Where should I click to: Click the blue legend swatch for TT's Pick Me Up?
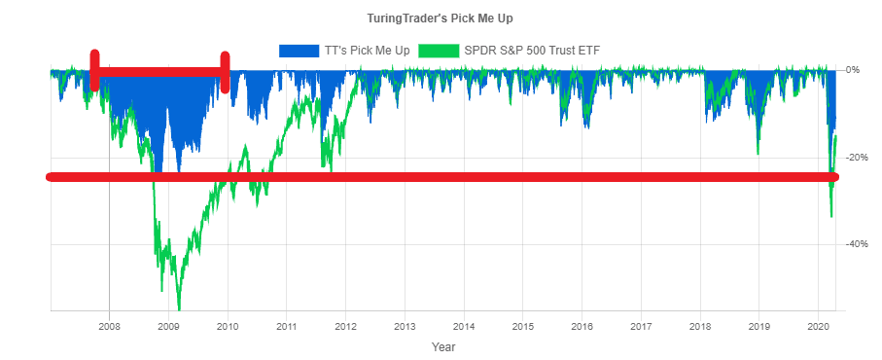tap(298, 50)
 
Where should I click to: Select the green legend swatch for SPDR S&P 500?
tap(440, 50)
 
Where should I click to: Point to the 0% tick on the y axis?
tap(853, 70)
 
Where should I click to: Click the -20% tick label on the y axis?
tap(855, 158)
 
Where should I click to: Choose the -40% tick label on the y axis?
tap(855, 244)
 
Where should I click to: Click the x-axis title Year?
tap(442, 346)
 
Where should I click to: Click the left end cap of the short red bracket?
tap(94, 71)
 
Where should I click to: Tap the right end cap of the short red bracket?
tap(225, 72)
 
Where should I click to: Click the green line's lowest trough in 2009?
tap(179, 308)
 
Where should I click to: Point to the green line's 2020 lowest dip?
tap(830, 216)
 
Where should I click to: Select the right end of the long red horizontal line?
tap(833, 177)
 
